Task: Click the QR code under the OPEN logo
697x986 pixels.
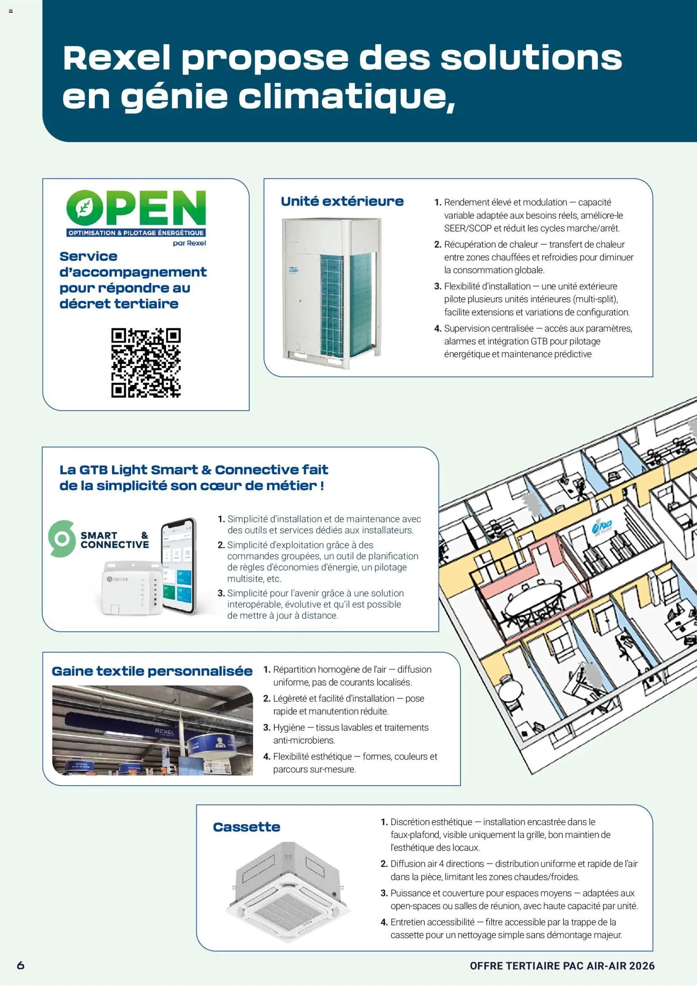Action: coord(146,362)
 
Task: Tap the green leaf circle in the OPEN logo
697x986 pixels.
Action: coord(84,207)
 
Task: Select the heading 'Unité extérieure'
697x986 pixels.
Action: coord(342,201)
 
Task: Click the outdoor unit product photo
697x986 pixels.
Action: coord(332,293)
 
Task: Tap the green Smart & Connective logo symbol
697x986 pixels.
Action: coord(62,539)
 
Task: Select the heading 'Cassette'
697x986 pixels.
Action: coord(246,827)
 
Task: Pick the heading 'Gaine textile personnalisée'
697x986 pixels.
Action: coord(152,671)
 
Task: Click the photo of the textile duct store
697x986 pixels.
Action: coord(152,730)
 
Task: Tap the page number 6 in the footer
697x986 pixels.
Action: coord(21,965)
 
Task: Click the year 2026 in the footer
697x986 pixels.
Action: coord(642,966)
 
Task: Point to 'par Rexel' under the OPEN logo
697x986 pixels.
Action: coord(189,243)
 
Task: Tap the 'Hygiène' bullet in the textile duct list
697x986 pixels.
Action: coord(346,734)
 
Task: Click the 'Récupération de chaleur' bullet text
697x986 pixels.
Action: coord(534,257)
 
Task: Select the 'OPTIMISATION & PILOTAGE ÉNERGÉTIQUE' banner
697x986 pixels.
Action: coord(136,233)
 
